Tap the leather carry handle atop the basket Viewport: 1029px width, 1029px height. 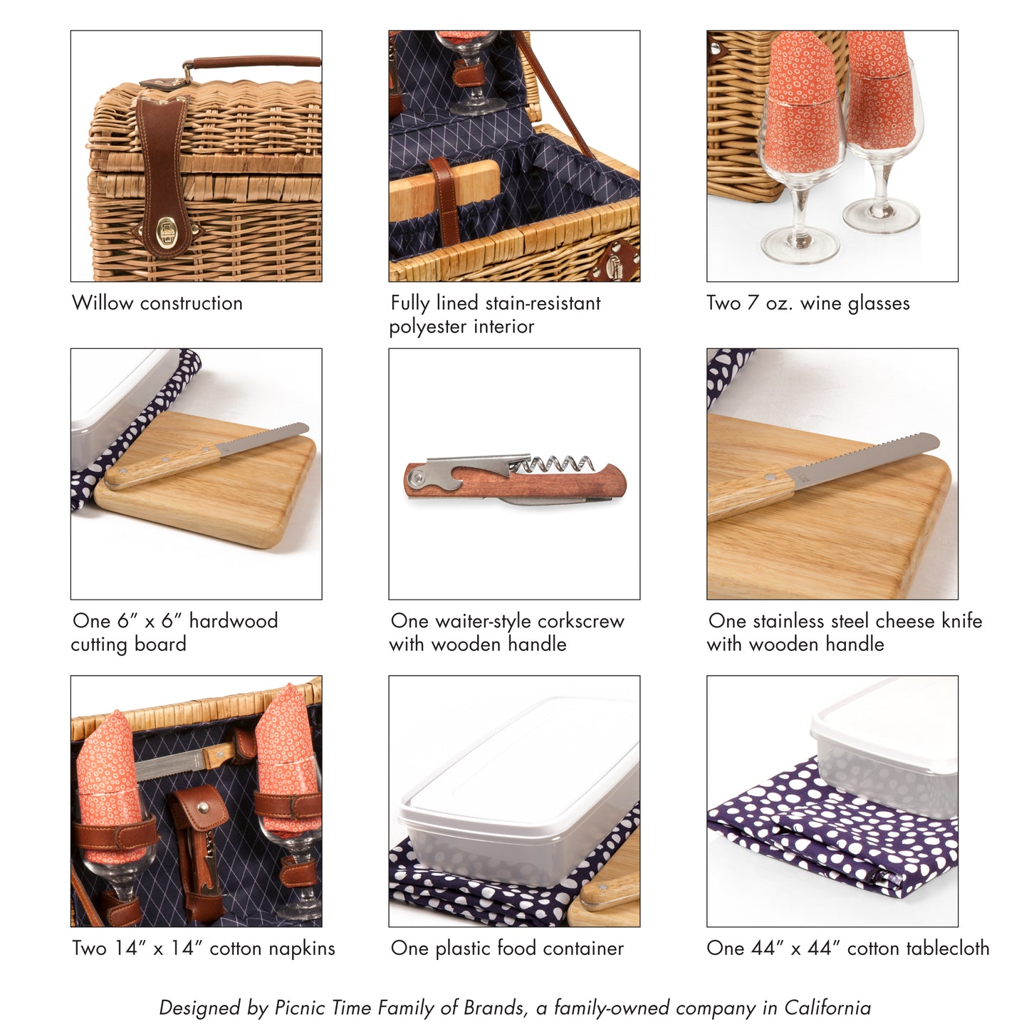pyautogui.click(x=256, y=62)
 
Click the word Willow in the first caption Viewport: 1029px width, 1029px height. pyautogui.click(x=103, y=303)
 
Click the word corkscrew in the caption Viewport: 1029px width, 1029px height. pyautogui.click(x=580, y=621)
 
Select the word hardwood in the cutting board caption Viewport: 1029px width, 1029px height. pyautogui.click(x=234, y=621)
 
